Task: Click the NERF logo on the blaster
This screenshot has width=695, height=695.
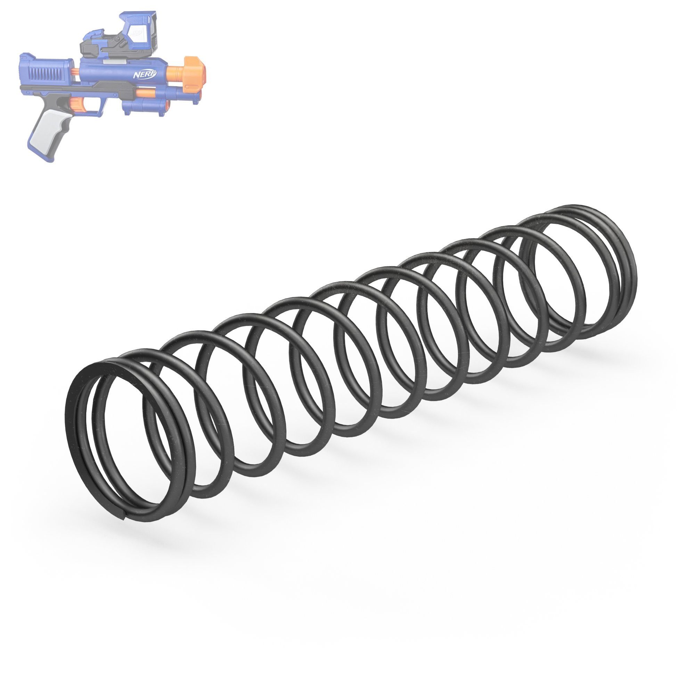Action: pyautogui.click(x=145, y=74)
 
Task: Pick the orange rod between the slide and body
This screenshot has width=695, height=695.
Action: pyautogui.click(x=74, y=71)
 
